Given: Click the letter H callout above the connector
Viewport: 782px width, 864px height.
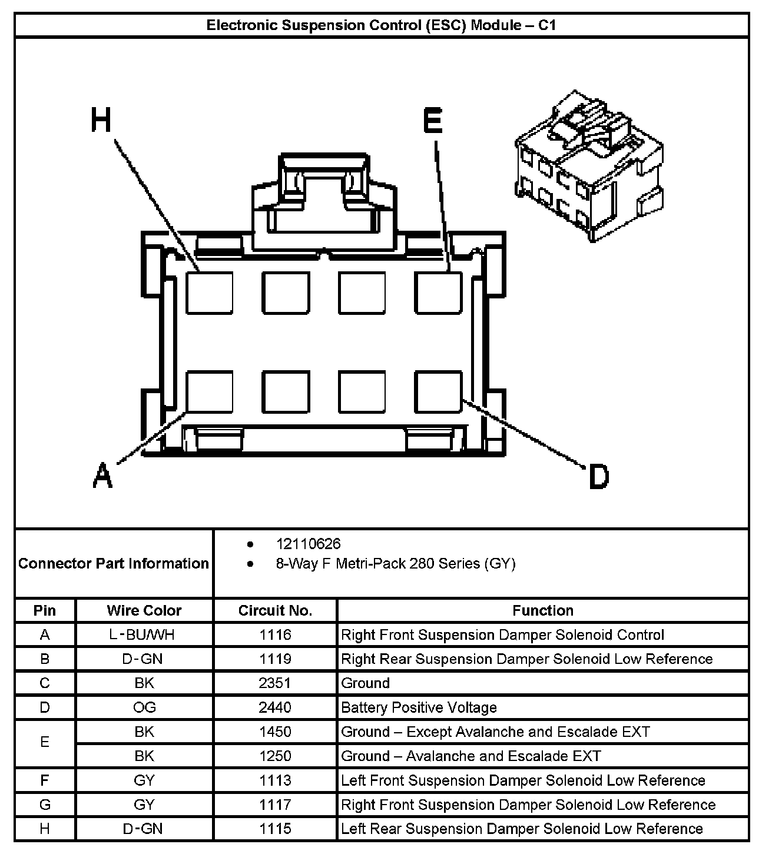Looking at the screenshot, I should (101, 121).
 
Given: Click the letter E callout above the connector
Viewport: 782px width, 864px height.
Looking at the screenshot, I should (433, 121).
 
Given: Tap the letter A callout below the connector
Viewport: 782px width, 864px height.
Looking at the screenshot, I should (102, 475).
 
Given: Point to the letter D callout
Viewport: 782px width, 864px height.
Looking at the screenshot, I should (599, 476).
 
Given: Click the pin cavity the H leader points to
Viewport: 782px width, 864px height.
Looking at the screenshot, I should (210, 293).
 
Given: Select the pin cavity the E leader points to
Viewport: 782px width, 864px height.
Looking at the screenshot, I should (438, 293).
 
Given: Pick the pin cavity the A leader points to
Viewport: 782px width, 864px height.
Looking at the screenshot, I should (210, 391).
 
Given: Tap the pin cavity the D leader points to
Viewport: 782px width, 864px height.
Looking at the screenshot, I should (438, 391).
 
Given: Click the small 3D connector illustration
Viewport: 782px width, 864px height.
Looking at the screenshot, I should (589, 165).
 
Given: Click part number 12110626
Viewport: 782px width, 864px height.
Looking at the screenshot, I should (308, 544).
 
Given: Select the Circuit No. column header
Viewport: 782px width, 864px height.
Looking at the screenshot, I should (275, 610).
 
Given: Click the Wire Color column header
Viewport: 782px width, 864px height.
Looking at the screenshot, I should (144, 610).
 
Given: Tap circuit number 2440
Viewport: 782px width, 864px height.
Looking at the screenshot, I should (275, 707).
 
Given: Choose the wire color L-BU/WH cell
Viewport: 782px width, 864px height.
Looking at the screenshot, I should (144, 635).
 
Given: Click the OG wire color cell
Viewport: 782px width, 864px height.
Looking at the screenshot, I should (144, 707).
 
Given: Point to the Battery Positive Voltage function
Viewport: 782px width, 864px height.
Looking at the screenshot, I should (419, 707).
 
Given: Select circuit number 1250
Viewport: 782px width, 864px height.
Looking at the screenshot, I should (275, 756).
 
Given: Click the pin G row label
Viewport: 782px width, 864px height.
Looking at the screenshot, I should (45, 805).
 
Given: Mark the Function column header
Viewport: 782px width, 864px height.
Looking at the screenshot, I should (542, 610).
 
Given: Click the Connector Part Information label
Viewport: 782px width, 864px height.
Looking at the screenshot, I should (114, 564).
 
